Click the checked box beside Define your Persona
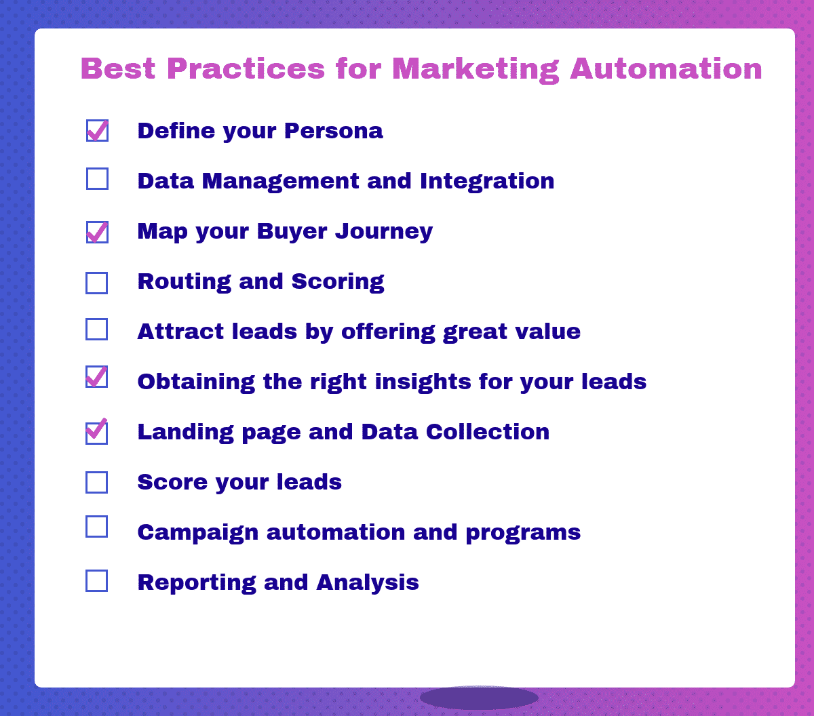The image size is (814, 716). (x=97, y=131)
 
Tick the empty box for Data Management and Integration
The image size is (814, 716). (x=97, y=178)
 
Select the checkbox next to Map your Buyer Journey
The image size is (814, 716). (x=97, y=232)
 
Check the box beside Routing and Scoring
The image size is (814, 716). (x=97, y=283)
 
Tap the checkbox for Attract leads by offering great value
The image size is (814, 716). (x=97, y=329)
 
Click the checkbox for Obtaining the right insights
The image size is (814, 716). (x=97, y=377)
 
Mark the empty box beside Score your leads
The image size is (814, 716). (x=97, y=482)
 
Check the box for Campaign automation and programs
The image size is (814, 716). (x=97, y=527)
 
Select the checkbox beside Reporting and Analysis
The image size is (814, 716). (x=97, y=581)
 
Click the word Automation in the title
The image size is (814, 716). (x=666, y=69)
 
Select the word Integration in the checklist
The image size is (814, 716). (x=487, y=181)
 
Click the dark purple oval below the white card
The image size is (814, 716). (x=479, y=698)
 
